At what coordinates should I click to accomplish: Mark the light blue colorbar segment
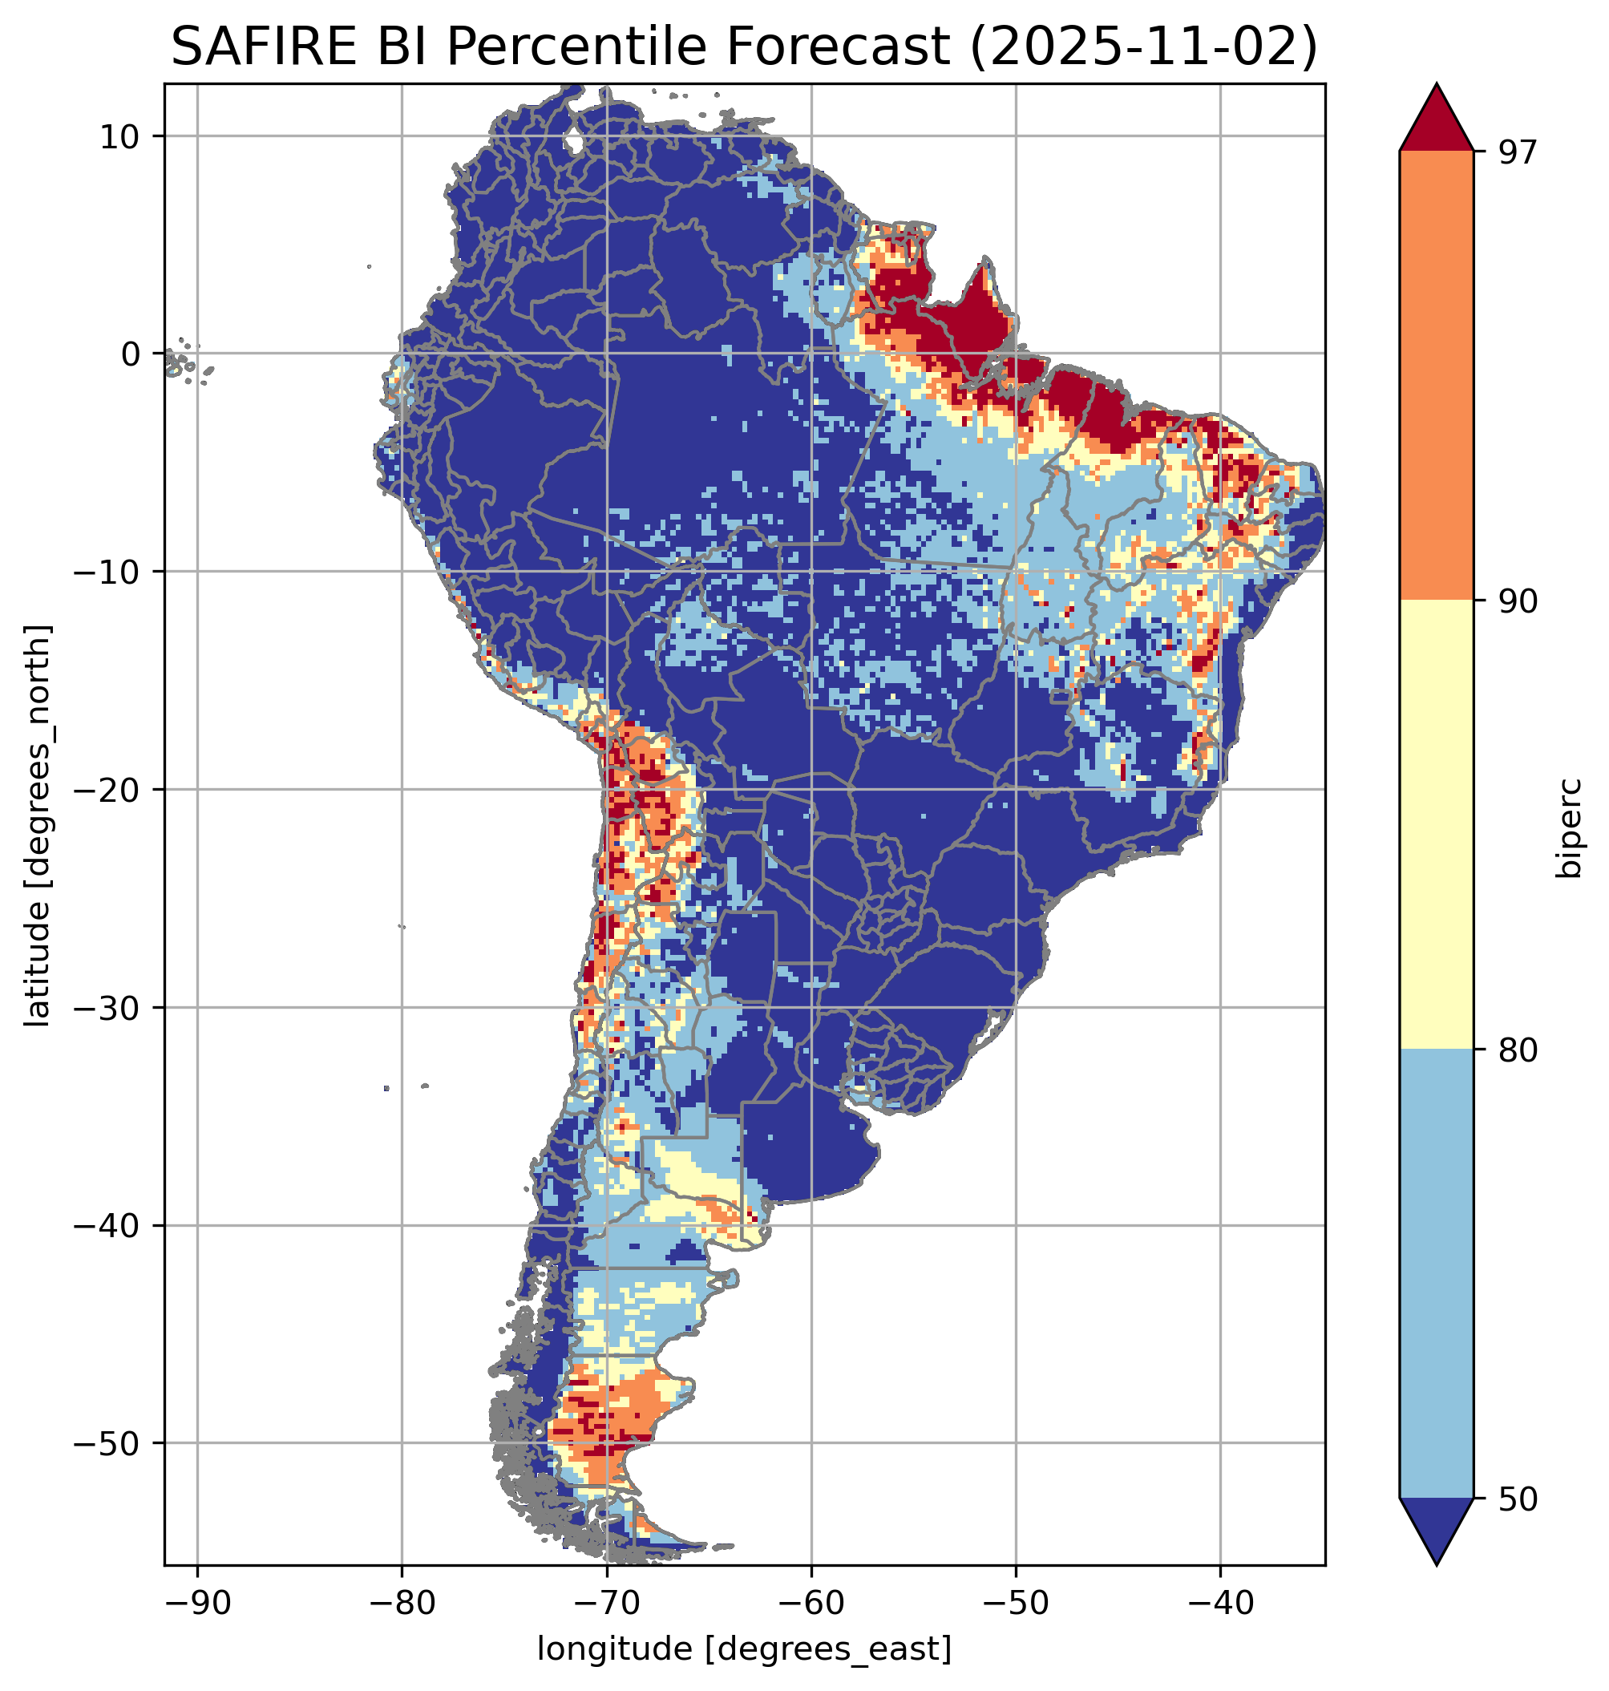coord(1436,1275)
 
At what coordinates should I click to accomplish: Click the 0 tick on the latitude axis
coord(131,354)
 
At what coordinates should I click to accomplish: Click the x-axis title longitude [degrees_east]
coord(744,1650)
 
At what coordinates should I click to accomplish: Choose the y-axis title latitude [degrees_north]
coord(38,825)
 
